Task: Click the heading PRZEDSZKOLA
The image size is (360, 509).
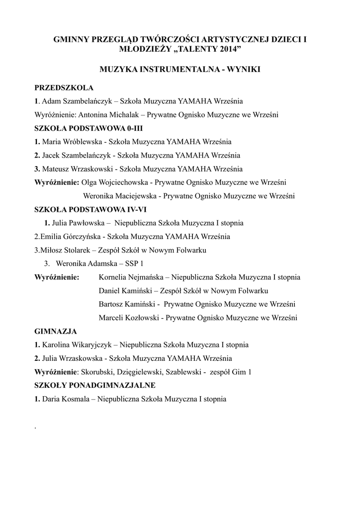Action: pos(64,88)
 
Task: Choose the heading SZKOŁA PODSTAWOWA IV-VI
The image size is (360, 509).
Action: pos(90,209)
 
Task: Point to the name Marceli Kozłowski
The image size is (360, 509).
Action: pos(129,317)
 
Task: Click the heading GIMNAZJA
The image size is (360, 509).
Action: pos(56,331)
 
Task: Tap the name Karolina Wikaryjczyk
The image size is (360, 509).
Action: pos(78,344)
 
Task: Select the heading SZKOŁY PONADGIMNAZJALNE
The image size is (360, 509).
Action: pos(95,385)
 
